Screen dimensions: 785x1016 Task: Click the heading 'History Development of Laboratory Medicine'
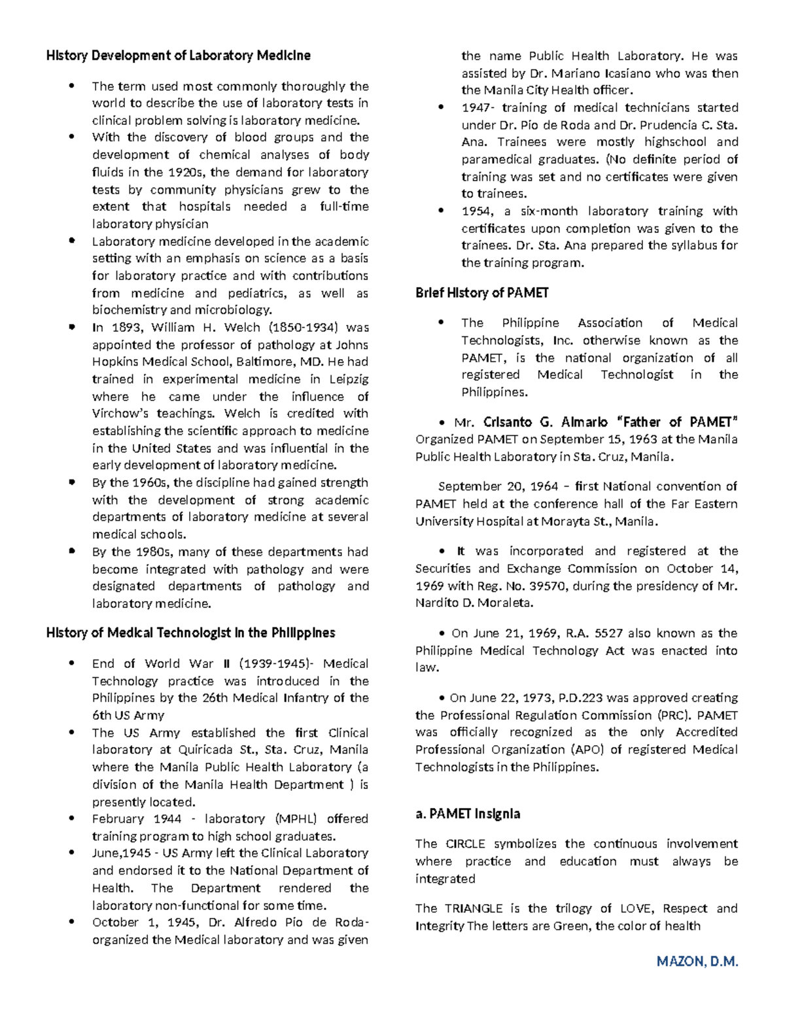pos(178,56)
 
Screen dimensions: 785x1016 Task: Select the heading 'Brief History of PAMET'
pos(481,293)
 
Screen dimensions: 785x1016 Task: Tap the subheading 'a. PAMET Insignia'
pos(468,814)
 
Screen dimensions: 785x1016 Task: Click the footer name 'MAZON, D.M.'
pos(697,961)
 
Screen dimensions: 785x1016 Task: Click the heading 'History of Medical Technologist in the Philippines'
pos(190,633)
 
